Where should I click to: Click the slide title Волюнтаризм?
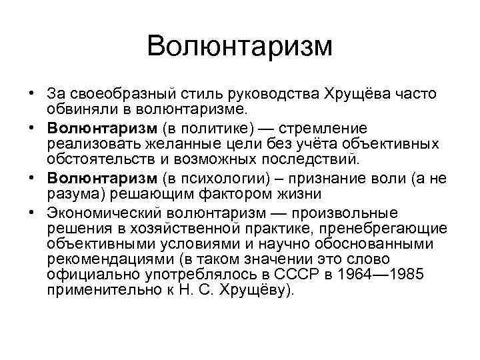pyautogui.click(x=239, y=47)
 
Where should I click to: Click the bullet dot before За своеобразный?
pyautogui.click(x=33, y=95)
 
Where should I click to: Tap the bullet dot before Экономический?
pyautogui.click(x=33, y=213)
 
